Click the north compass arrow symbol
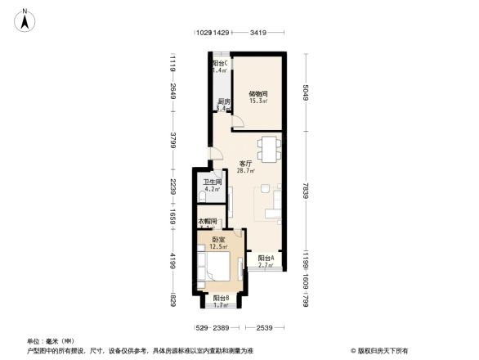pyautogui.click(x=26, y=19)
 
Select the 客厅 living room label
pyautogui.click(x=244, y=164)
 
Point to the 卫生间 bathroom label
pyautogui.click(x=213, y=182)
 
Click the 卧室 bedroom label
pyautogui.click(x=218, y=240)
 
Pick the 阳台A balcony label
pyautogui.click(x=266, y=258)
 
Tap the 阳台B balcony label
pyautogui.click(x=221, y=299)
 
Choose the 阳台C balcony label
pyautogui.click(x=219, y=64)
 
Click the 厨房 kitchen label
pyautogui.click(x=223, y=102)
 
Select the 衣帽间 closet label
pyautogui.click(x=207, y=222)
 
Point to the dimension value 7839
pyautogui.click(x=306, y=191)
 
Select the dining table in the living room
pyautogui.click(x=269, y=148)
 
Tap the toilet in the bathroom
pyautogui.click(x=202, y=198)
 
